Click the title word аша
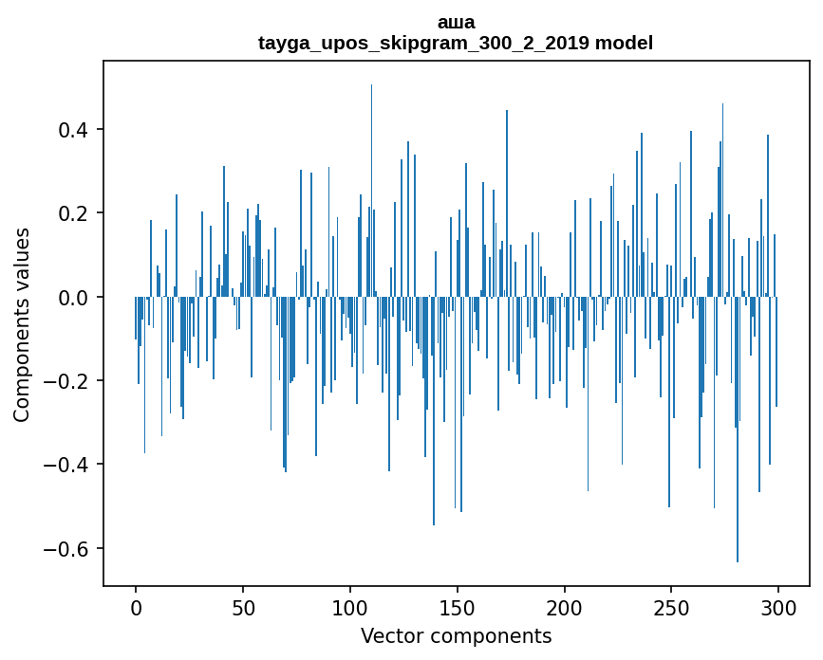click(x=456, y=22)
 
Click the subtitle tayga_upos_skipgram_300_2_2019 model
click(x=456, y=43)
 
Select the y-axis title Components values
click(x=22, y=324)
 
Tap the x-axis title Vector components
click(x=456, y=635)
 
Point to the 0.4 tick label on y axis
click(x=74, y=129)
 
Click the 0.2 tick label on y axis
click(x=74, y=213)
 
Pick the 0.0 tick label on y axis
click(x=74, y=297)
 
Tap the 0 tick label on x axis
click(x=136, y=607)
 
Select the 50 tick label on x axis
click(x=243, y=607)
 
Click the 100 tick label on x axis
click(x=350, y=607)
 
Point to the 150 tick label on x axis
click(x=457, y=607)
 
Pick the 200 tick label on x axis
click(x=564, y=607)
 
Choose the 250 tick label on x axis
click(x=671, y=607)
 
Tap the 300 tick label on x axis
click(x=778, y=607)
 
